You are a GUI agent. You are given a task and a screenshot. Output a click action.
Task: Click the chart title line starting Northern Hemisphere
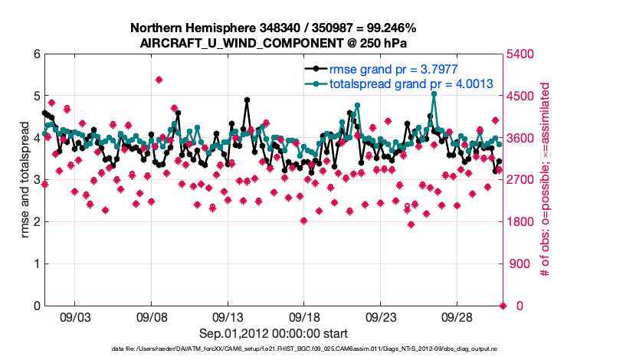(274, 28)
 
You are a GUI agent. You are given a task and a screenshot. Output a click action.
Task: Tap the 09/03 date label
(75, 317)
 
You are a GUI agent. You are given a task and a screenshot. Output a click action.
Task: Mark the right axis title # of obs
(545, 180)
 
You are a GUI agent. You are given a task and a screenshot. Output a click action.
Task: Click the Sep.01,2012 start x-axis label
(274, 333)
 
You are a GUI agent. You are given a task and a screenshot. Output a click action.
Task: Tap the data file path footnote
(274, 349)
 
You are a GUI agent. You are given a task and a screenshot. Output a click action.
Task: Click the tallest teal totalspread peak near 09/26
(434, 93)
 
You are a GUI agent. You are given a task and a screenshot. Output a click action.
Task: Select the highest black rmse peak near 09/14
(247, 100)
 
